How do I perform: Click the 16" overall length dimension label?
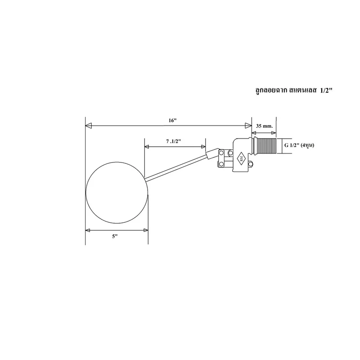point(172,121)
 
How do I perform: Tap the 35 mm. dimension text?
point(265,126)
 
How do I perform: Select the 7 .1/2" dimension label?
point(174,141)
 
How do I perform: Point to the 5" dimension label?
point(115,237)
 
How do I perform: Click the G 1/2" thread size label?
point(299,145)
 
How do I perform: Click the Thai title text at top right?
point(294,90)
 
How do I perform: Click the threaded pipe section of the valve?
point(267,146)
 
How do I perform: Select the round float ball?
point(117,193)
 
